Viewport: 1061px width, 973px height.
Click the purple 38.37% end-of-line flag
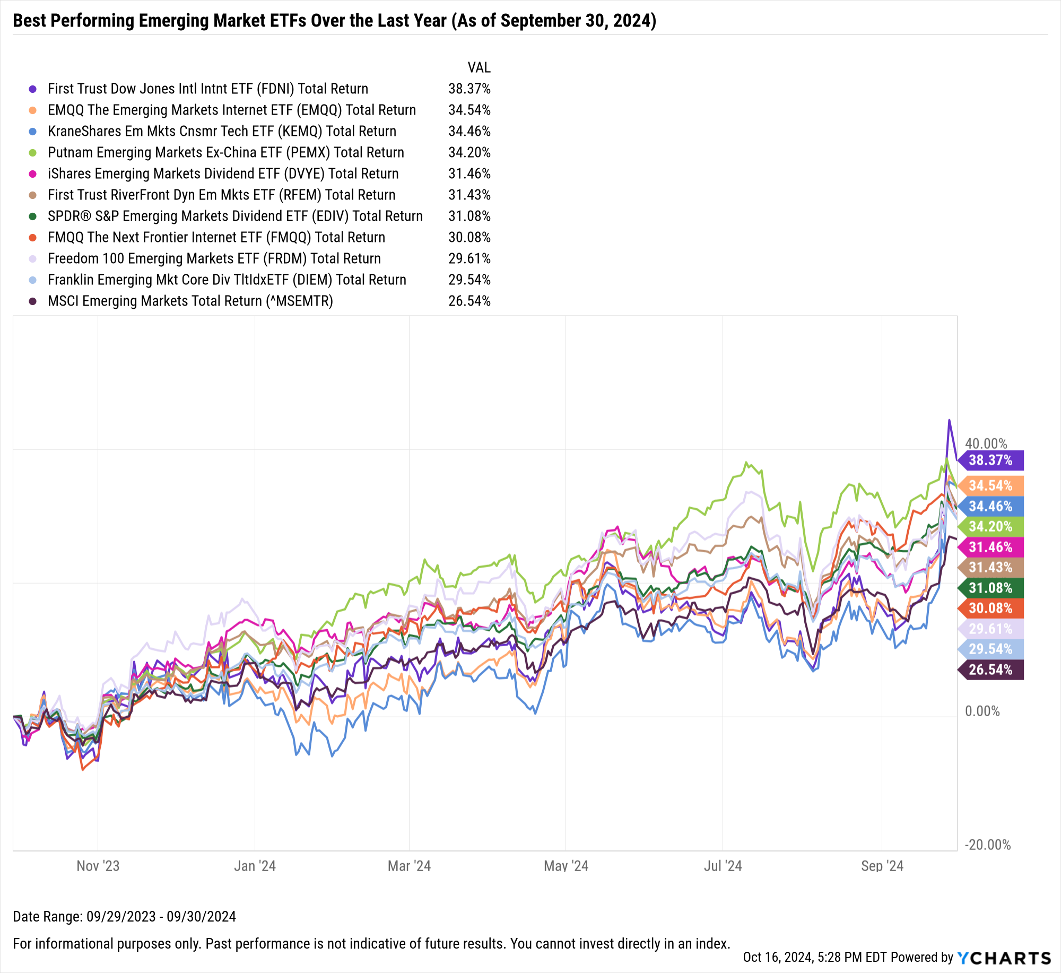[990, 460]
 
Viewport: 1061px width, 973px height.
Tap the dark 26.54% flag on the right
[990, 670]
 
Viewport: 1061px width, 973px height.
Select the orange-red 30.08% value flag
[990, 608]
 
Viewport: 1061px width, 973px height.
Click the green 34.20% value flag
[990, 526]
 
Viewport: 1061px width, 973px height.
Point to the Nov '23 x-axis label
[98, 866]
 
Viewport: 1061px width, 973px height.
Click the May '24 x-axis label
[566, 866]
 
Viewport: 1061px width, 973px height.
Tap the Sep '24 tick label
[882, 866]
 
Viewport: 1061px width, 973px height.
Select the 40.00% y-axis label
[986, 444]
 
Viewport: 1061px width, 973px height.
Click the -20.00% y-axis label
[987, 845]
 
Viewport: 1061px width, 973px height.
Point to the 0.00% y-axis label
[982, 711]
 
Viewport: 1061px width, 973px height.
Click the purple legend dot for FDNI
[33, 89]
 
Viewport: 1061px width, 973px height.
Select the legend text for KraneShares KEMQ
[222, 131]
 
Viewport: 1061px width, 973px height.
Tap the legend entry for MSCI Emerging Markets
[190, 301]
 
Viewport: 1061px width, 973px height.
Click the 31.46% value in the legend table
[469, 173]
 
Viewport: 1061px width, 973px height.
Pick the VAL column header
[479, 67]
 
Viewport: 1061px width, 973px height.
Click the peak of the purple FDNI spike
[949, 421]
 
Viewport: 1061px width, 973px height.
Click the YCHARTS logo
[1004, 958]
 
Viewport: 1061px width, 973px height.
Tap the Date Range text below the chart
[124, 916]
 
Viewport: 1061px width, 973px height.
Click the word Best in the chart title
[30, 21]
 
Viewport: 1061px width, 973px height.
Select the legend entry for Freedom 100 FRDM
[214, 258]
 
